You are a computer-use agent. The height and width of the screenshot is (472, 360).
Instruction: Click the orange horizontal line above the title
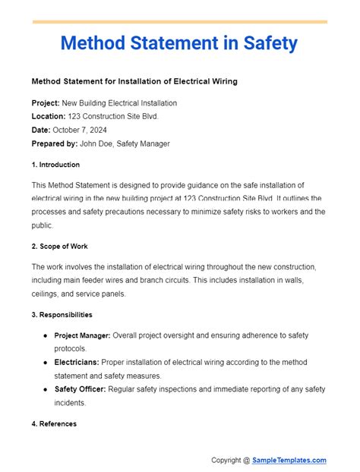pos(180,22)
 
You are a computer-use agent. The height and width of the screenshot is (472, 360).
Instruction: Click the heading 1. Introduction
pos(56,165)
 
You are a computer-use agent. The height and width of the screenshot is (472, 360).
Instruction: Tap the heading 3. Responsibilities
pos(62,314)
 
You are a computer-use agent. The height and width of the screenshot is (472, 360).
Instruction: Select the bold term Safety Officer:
pos(84,389)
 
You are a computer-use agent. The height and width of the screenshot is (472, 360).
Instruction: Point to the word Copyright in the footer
pos(229,460)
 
